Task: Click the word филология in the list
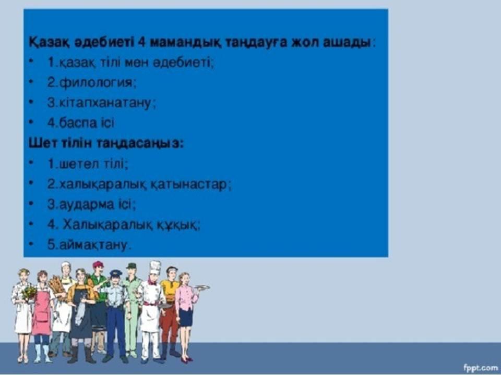[96, 83]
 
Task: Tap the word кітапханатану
[104, 103]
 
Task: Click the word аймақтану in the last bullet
[93, 245]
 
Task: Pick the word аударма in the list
[86, 204]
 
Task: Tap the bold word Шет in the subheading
[41, 143]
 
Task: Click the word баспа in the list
[78, 123]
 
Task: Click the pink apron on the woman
[41, 313]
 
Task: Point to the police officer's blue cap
[116, 273]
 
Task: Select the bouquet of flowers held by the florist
[29, 292]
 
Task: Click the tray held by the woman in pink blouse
[202, 287]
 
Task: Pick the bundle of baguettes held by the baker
[57, 286]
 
